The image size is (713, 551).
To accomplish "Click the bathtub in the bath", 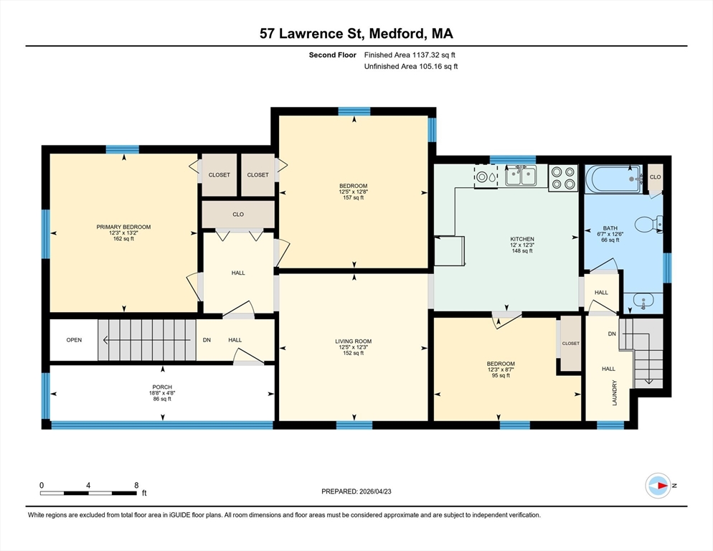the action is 614,179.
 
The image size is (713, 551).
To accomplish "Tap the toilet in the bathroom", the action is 648,225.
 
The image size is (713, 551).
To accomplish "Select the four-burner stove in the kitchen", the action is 563,178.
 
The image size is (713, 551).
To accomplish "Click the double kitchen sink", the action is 521,176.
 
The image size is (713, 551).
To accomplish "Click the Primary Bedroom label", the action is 123,227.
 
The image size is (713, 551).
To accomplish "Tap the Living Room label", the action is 354,342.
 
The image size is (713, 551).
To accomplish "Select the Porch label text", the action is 162,387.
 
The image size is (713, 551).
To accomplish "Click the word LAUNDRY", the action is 615,392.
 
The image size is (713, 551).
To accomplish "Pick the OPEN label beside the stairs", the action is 74,340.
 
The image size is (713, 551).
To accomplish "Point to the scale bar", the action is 88,493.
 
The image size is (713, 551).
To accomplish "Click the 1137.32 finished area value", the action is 427,55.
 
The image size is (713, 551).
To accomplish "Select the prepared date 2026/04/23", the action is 375,491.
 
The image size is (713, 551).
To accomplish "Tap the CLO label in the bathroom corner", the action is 655,177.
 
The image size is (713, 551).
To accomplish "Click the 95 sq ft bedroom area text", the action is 501,375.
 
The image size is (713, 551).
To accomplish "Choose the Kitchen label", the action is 522,239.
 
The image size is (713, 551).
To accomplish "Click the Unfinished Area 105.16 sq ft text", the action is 411,67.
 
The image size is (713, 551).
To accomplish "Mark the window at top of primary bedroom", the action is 123,149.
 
